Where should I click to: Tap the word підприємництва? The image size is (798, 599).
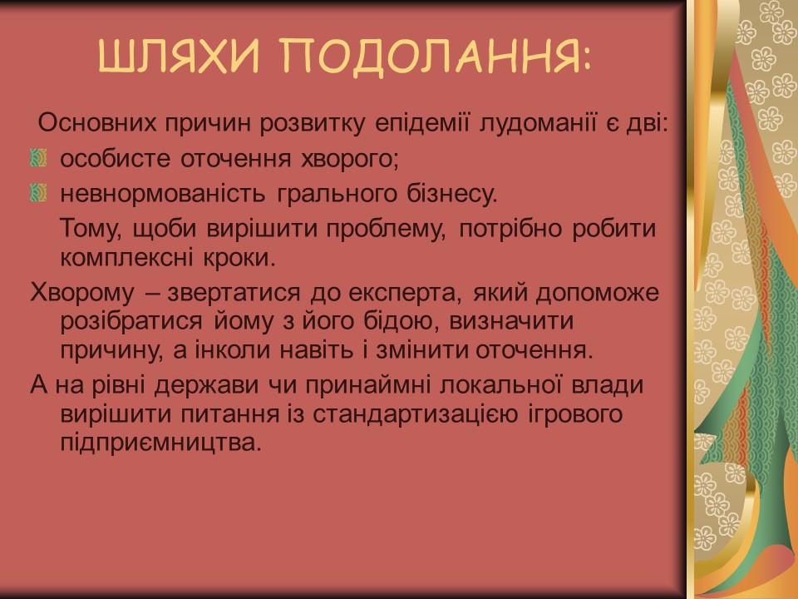pos(160,442)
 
